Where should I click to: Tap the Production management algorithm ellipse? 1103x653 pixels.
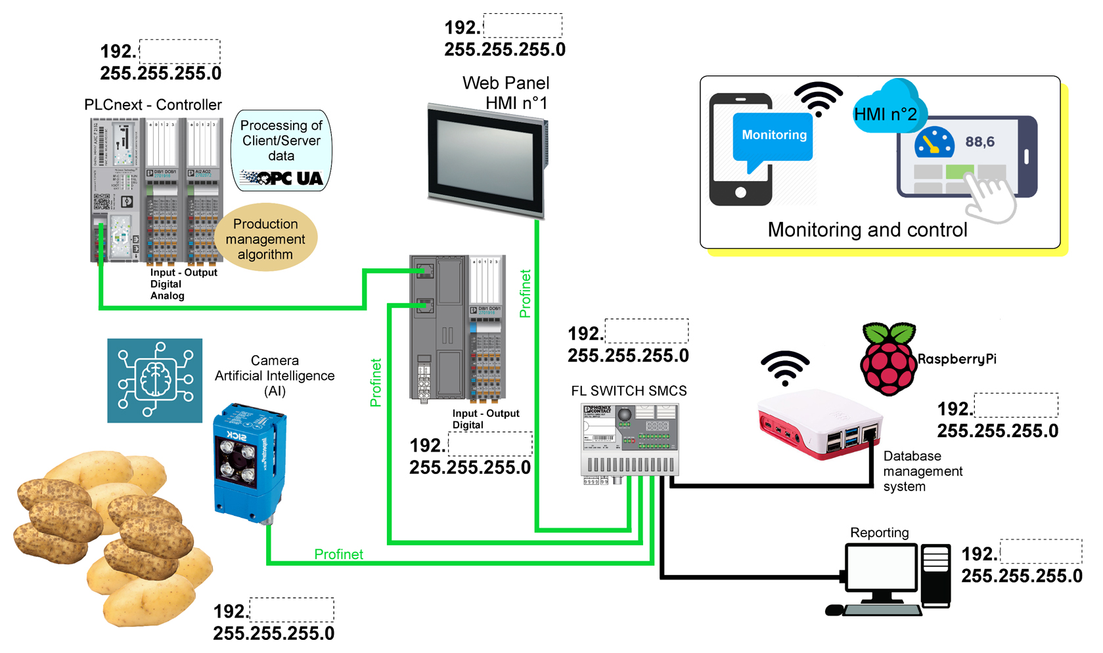[265, 239]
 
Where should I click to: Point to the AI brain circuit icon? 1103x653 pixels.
[155, 381]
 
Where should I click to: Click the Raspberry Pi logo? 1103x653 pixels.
[888, 358]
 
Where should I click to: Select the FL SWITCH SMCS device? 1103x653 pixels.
[629, 440]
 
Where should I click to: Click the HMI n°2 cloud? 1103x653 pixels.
[887, 112]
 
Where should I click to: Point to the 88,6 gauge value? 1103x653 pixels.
[979, 142]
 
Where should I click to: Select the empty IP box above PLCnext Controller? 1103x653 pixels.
[179, 51]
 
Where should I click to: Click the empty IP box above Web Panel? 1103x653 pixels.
[523, 26]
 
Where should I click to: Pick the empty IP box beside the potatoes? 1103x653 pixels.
[292, 610]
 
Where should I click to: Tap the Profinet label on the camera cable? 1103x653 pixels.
[338, 555]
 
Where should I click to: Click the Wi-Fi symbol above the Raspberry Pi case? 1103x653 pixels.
[785, 368]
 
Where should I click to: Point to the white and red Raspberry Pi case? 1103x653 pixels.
[819, 423]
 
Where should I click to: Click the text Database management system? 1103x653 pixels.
[922, 471]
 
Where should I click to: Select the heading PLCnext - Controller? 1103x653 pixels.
[153, 105]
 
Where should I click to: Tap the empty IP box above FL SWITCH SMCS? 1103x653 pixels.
[646, 331]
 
